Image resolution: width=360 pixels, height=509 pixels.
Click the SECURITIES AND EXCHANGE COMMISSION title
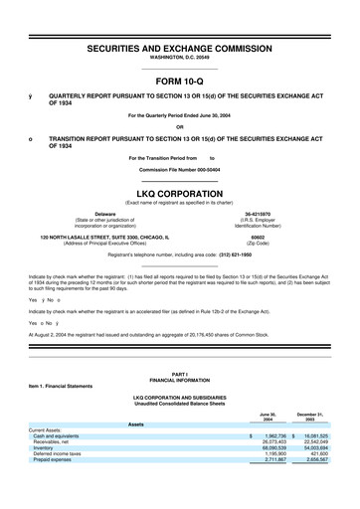(180, 48)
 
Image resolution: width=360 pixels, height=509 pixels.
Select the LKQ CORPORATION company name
(180, 195)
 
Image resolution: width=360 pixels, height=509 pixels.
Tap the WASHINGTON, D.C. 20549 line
(180, 59)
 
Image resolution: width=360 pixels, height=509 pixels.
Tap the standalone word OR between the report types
(180, 126)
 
